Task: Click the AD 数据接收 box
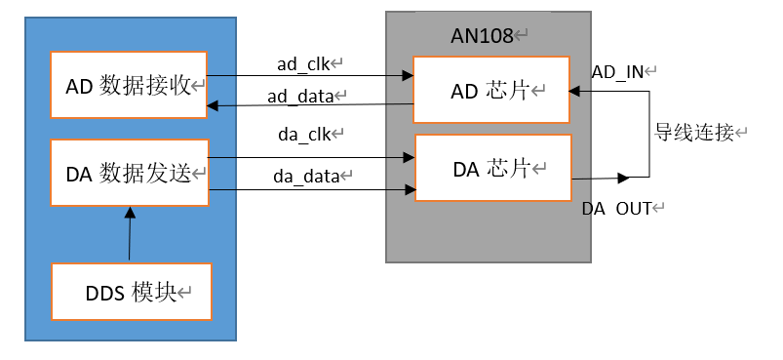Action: click(x=130, y=85)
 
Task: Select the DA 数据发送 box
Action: click(x=130, y=173)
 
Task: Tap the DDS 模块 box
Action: click(x=132, y=291)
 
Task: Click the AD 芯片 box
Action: click(x=490, y=90)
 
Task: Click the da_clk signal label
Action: click(x=303, y=136)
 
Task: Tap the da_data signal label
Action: click(x=304, y=177)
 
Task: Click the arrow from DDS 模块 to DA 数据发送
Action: click(x=127, y=234)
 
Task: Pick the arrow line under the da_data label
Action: click(x=312, y=190)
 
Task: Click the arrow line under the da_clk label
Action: click(x=312, y=157)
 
